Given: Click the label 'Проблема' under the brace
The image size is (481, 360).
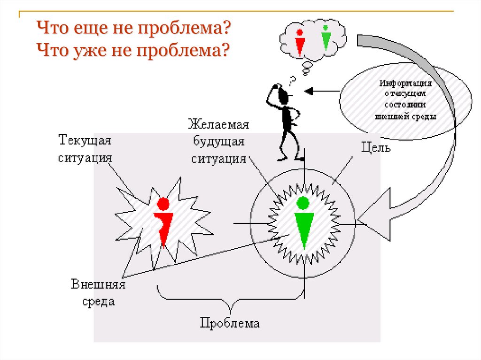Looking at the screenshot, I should (230, 323).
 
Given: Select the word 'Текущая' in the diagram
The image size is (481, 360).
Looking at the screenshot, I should (85, 140).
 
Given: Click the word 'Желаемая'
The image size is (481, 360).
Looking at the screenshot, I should (218, 125).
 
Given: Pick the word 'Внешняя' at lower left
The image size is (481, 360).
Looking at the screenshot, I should (99, 284).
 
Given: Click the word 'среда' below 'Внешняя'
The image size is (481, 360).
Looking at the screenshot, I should (99, 301).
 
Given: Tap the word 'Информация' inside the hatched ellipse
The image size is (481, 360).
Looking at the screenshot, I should (406, 83).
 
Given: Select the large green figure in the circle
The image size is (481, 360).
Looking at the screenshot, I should (303, 222).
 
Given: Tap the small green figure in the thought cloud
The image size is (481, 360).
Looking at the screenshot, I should (325, 38).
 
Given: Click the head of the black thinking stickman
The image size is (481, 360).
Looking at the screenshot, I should (283, 96).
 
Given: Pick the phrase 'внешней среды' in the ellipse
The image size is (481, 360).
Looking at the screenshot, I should (406, 116).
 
